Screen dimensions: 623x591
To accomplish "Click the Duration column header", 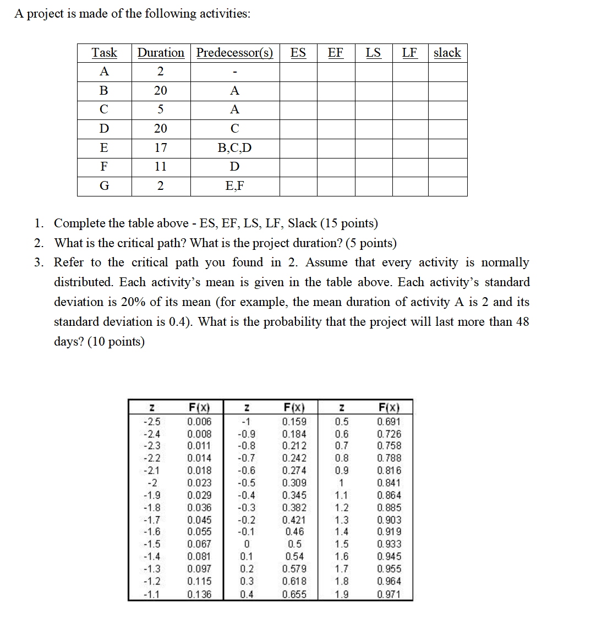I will (x=161, y=53).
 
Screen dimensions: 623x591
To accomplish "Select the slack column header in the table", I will (x=447, y=53).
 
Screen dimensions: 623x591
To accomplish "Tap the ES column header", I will (x=298, y=53).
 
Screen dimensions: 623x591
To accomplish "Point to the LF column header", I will (x=409, y=53).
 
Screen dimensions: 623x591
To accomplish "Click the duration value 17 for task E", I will (x=161, y=147).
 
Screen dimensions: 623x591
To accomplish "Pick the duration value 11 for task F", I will (x=161, y=166).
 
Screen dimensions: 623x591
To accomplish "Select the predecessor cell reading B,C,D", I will (x=235, y=147).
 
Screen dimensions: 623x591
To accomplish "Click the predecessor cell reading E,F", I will (x=235, y=186).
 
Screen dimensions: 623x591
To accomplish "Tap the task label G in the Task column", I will (x=104, y=186).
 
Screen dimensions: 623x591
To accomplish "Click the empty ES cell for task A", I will (x=298, y=72).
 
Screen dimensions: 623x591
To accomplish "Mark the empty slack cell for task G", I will (x=447, y=186).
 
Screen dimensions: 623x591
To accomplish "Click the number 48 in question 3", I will (x=522, y=321).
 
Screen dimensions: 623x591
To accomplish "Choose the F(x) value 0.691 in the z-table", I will (x=389, y=422).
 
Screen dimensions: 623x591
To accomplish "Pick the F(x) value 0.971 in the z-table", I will (x=389, y=594).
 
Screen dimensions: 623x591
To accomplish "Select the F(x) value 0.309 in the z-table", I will (x=294, y=483).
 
